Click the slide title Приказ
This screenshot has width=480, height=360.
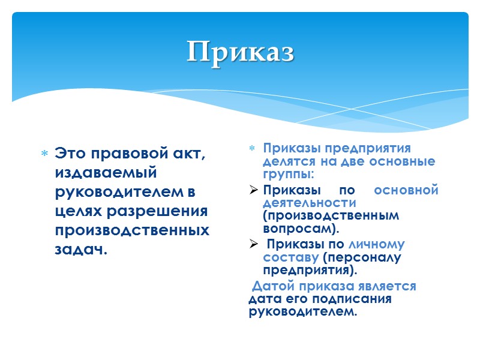240,52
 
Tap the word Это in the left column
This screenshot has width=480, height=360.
70,154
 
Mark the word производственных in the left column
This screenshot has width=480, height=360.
132,230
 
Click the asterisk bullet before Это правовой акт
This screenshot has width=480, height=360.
44,155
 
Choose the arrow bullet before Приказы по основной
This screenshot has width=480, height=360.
253,191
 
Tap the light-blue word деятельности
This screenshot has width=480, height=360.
309,203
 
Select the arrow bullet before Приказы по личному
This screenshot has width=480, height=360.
253,244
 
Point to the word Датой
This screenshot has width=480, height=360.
273,286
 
